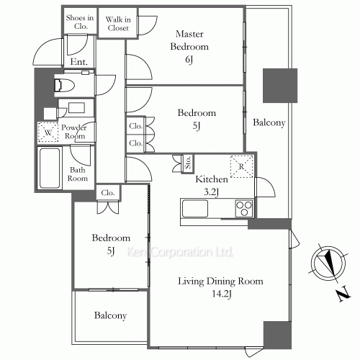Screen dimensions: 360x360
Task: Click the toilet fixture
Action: tap(64, 85)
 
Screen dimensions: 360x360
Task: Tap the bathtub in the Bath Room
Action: tap(50, 168)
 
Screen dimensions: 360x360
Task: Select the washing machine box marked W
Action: tap(48, 132)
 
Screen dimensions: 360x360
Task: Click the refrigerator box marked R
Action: tap(242, 166)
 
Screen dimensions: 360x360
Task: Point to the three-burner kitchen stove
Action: tap(244, 208)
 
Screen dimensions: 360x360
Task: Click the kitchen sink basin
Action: tap(195, 208)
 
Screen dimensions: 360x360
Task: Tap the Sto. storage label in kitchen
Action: tap(188, 162)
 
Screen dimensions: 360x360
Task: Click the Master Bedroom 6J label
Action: tap(189, 47)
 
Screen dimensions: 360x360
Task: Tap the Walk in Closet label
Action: tap(118, 24)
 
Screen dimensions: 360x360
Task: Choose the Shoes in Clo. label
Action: tap(80, 22)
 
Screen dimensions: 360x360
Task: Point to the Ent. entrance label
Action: tap(79, 62)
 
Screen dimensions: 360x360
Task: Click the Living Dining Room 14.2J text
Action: tap(220, 287)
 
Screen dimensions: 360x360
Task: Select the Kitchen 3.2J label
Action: tap(212, 185)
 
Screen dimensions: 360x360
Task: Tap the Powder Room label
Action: tap(74, 132)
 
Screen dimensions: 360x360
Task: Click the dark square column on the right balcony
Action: tap(280, 86)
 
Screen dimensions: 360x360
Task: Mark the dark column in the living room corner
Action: tap(277, 335)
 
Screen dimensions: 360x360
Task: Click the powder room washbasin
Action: tap(76, 107)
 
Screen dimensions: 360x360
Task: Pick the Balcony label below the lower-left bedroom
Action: tap(110, 315)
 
